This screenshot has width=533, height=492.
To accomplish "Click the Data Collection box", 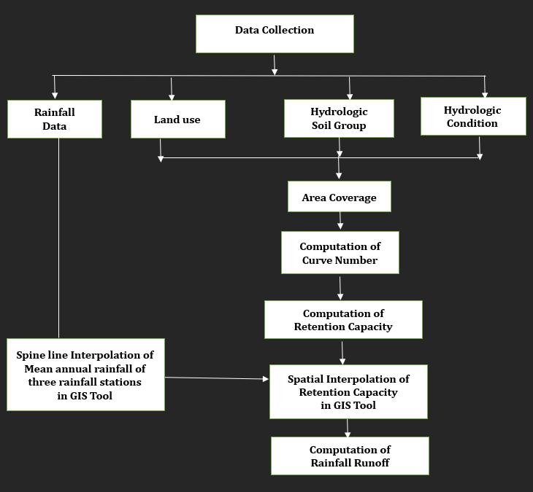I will click(x=275, y=34).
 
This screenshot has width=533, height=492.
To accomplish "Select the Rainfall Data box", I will click(x=55, y=119).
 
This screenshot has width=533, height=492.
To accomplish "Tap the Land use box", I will click(x=177, y=119).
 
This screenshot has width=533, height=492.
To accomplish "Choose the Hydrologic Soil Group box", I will click(x=339, y=119).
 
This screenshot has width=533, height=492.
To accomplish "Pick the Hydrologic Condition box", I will click(x=472, y=117).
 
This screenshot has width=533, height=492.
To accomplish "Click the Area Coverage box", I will click(x=339, y=197).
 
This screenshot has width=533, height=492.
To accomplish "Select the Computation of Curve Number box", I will click(x=340, y=253).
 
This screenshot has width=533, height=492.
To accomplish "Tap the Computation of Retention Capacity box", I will click(x=342, y=320).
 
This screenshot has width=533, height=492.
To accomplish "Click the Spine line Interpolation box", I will click(x=85, y=374).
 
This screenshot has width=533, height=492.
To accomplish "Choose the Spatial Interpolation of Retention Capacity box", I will click(x=348, y=391).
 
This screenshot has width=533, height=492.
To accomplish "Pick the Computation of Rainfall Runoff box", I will click(x=350, y=456).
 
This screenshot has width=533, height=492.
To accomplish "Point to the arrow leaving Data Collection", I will click(x=275, y=64).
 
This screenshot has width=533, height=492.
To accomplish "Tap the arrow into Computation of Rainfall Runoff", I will click(x=348, y=428).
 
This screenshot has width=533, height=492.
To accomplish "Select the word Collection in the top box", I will click(x=289, y=30).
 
